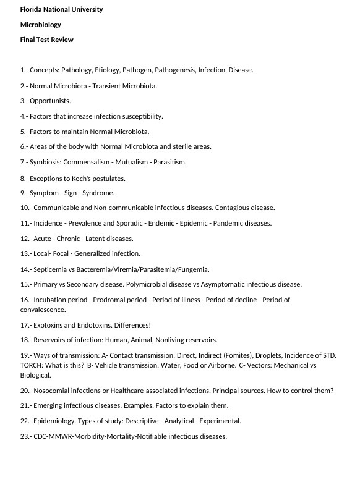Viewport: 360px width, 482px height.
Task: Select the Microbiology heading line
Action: point(41,25)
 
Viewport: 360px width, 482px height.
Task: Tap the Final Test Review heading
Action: point(47,40)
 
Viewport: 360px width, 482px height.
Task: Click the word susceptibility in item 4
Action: point(142,116)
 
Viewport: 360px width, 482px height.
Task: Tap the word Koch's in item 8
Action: point(96,179)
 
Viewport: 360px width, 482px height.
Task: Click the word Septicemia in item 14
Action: point(50,269)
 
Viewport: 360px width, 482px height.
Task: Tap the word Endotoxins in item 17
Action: point(91,325)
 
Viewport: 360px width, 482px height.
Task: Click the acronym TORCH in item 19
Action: point(32,365)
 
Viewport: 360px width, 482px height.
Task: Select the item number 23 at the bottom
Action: point(25,436)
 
